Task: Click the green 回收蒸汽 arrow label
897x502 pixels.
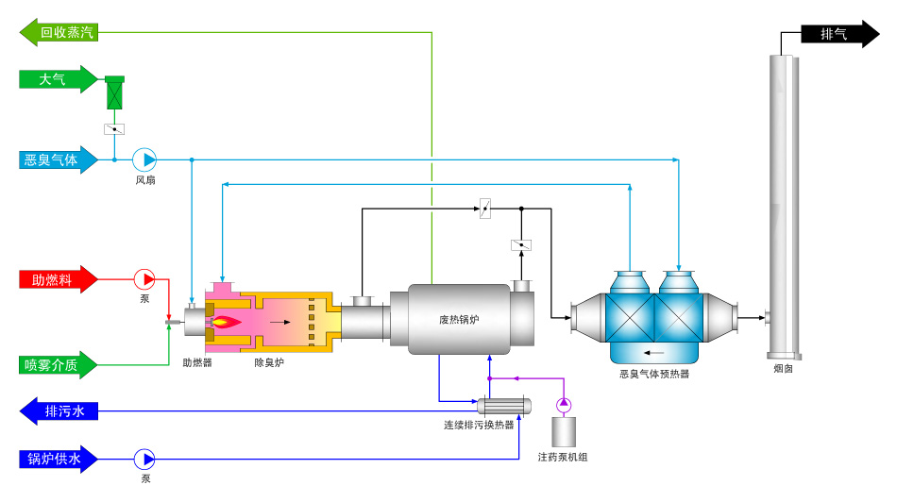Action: (59, 32)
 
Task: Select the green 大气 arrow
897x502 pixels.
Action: (59, 79)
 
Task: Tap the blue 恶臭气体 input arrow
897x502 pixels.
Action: (59, 159)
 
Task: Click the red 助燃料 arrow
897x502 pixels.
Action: (59, 279)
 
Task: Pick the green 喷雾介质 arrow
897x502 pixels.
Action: (59, 365)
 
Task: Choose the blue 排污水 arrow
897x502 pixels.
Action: (59, 411)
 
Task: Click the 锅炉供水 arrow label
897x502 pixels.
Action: (59, 460)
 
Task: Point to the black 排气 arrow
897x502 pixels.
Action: (839, 34)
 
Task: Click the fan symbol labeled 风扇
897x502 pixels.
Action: (144, 160)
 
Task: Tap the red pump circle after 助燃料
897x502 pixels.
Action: (144, 279)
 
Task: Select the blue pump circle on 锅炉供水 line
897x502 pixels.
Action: (144, 460)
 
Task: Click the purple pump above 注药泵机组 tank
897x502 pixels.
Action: (564, 405)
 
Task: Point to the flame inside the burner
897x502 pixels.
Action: (227, 323)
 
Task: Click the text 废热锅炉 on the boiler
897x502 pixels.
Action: (459, 320)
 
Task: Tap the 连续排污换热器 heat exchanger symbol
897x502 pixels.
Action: (504, 406)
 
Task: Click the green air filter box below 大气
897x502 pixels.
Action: (114, 92)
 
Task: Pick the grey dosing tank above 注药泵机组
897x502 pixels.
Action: (564, 432)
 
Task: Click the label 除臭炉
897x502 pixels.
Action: (269, 362)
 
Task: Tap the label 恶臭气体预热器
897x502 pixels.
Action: (654, 374)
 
